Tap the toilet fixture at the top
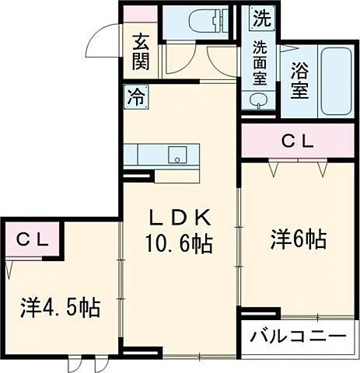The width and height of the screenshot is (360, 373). [200, 21]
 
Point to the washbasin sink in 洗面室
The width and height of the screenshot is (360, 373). [256, 100]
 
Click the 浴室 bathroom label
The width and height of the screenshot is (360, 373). [299, 81]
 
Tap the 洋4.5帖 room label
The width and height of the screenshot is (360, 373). [60, 307]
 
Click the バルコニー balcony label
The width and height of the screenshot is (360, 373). [297, 338]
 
